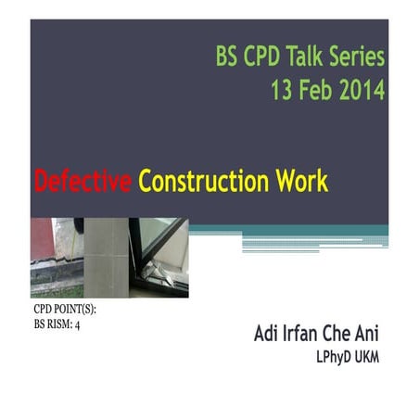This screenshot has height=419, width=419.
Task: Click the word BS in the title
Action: [x=228, y=57]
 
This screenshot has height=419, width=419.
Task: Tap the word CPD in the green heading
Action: [x=262, y=57]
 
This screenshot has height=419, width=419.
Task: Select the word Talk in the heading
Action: [x=307, y=57]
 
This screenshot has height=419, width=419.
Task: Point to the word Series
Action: [x=358, y=57]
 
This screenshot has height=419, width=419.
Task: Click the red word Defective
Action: [x=83, y=183]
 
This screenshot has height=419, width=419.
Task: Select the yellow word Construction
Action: [x=207, y=183]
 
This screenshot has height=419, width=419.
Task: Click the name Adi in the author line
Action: [x=268, y=336]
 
